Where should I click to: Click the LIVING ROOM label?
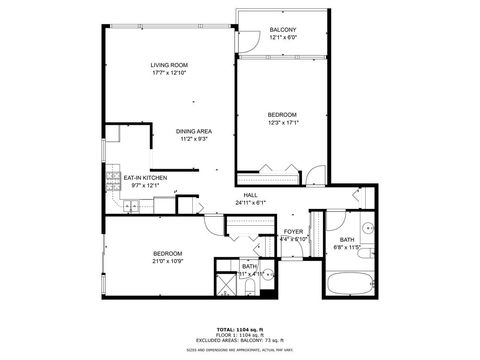(x=170, y=65)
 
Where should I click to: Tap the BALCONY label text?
(x=283, y=30)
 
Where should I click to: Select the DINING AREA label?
(x=193, y=131)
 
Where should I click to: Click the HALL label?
(x=250, y=195)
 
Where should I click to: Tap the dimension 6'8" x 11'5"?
(x=346, y=247)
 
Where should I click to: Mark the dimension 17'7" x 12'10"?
(x=170, y=73)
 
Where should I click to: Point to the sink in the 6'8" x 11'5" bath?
(x=367, y=229)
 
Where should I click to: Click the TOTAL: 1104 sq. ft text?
(x=240, y=326)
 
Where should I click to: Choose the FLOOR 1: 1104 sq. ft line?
(x=240, y=332)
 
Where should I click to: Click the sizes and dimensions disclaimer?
(x=240, y=349)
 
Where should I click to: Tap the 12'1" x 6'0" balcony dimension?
(x=283, y=38)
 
